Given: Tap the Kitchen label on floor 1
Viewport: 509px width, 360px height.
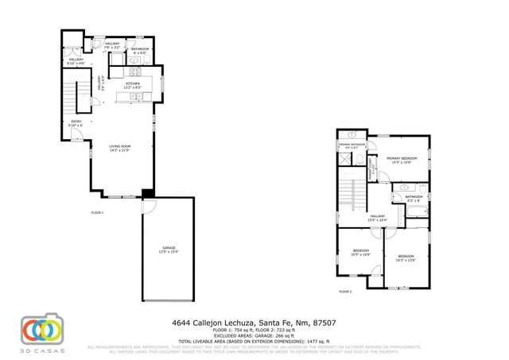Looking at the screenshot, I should pos(132,84).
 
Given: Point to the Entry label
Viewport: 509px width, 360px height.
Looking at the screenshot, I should pos(76,123).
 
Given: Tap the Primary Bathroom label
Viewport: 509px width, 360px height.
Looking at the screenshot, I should pos(351,146).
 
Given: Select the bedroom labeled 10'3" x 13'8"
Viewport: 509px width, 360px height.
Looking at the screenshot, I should pos(406,257).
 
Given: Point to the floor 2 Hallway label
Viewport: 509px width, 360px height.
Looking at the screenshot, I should pos(377,217).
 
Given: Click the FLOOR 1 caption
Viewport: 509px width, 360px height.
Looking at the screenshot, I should pos(97,213).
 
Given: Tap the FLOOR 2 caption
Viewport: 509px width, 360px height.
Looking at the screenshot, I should pos(345,292).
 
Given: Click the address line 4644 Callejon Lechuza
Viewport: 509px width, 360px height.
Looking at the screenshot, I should pos(254,323).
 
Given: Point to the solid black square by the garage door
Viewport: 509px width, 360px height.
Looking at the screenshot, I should pos(147,193).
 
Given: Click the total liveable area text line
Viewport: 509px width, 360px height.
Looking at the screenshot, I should pos(254,341).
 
